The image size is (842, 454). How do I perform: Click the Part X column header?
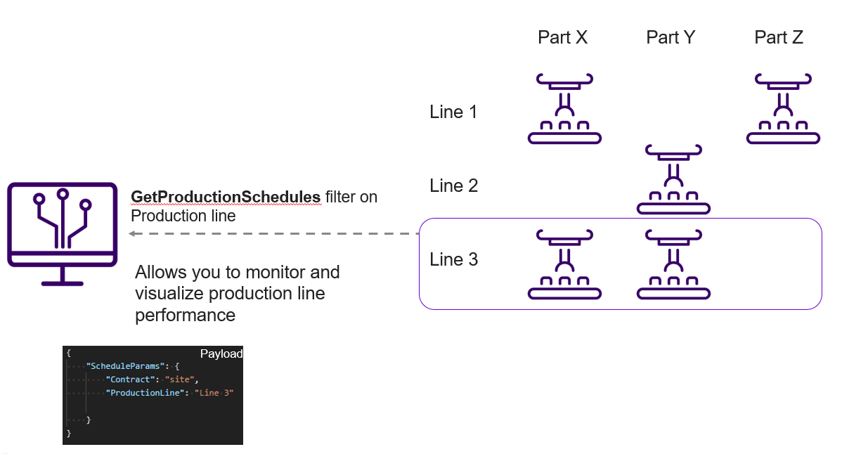pyautogui.click(x=562, y=37)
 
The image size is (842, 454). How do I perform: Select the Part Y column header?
pyautogui.click(x=671, y=37)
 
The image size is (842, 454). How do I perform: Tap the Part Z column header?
pyautogui.click(x=779, y=37)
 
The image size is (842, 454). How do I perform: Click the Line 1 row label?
pyautogui.click(x=453, y=112)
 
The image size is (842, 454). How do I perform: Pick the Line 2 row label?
pyautogui.click(x=453, y=186)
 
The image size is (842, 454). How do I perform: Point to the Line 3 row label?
pyautogui.click(x=453, y=259)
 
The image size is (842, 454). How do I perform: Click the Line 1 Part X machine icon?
pyautogui.click(x=564, y=108)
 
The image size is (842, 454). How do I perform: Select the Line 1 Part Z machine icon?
pyautogui.click(x=782, y=108)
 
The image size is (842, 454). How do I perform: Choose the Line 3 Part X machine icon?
pyautogui.click(x=564, y=264)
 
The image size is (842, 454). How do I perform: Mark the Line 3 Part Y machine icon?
pyautogui.click(x=673, y=264)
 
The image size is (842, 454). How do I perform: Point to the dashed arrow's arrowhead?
pyautogui.click(x=132, y=234)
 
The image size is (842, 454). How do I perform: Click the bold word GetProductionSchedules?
pyautogui.click(x=226, y=197)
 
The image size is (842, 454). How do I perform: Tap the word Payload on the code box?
pyautogui.click(x=221, y=354)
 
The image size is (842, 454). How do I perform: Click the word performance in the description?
pyautogui.click(x=185, y=315)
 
